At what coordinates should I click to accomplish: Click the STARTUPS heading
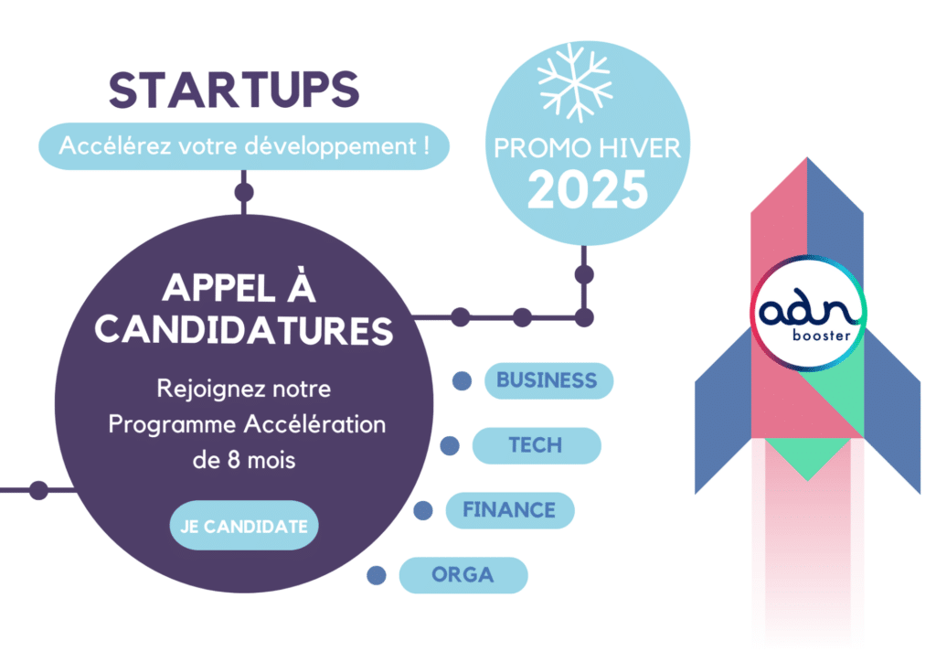[234, 91]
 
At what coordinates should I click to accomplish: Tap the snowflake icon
[574, 82]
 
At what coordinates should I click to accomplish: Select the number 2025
[588, 190]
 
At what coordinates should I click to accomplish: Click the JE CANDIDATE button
[244, 526]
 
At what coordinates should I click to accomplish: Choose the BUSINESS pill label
[548, 381]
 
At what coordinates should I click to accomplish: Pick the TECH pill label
[536, 445]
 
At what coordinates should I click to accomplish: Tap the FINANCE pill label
[510, 510]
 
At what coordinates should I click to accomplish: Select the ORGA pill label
[463, 575]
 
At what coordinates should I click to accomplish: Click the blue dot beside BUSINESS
[462, 381]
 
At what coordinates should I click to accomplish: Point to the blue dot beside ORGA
[376, 575]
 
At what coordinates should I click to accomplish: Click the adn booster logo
[808, 314]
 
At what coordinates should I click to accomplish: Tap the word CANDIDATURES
[244, 331]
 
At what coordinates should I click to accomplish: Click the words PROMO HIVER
[588, 148]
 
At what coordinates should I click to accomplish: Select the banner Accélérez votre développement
[244, 146]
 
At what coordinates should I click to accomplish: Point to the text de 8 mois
[244, 460]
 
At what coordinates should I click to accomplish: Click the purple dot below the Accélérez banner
[243, 193]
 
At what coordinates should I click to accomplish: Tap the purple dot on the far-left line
[38, 490]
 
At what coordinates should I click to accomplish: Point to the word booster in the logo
[822, 336]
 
